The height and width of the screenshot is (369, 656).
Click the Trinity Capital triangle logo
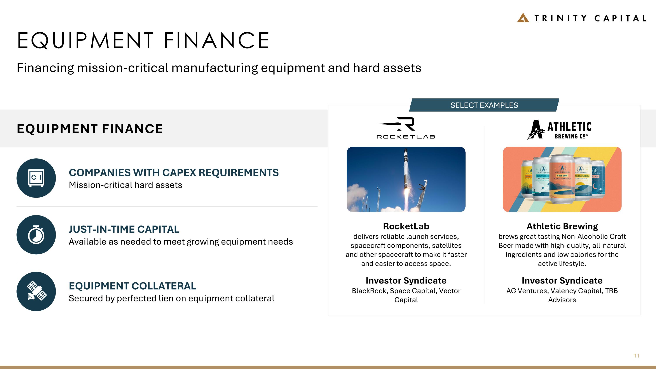pos(523,18)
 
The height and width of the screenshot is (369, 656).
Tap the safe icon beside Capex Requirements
pos(36,178)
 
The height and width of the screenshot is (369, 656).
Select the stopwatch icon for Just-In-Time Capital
pos(36,234)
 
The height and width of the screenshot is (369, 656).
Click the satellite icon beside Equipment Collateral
pos(36,291)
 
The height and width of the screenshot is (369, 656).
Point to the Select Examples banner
pos(484,105)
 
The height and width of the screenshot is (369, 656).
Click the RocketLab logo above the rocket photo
pos(406,128)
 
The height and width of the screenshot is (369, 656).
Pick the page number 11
pos(636,356)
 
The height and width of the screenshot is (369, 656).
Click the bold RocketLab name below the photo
pos(406,226)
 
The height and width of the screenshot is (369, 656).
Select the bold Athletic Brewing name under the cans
pos(562,226)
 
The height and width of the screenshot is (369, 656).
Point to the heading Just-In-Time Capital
pos(124,229)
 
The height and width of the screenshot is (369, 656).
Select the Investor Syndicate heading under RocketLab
pos(406,280)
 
